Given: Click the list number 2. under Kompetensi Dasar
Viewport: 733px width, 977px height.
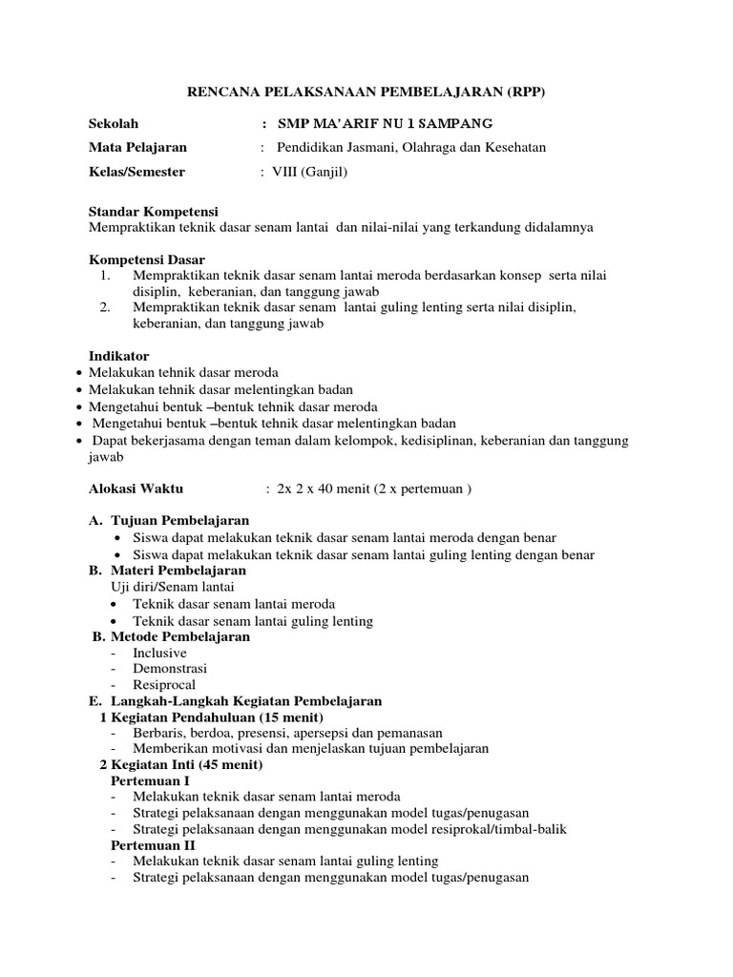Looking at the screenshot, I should pyautogui.click(x=106, y=308).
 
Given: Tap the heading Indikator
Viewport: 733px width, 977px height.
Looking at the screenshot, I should pyautogui.click(x=118, y=357).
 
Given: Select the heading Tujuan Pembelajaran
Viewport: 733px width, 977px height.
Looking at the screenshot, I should pyautogui.click(x=180, y=521).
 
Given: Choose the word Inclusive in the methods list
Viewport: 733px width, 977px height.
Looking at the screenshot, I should pyautogui.click(x=160, y=653).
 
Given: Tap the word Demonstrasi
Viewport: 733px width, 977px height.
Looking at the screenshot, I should pyautogui.click(x=170, y=669).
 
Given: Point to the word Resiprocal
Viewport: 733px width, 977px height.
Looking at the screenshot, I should pyautogui.click(x=165, y=685).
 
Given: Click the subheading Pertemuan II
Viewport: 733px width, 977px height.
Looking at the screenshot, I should pyautogui.click(x=153, y=845).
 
